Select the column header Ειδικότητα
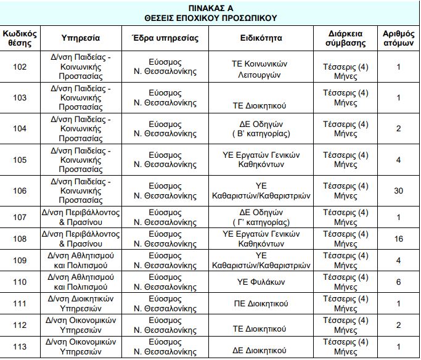click(261, 38)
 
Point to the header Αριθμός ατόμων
click(398, 38)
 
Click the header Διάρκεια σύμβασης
click(345, 38)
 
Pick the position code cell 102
click(20, 67)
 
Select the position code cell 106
click(20, 190)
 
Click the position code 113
click(20, 346)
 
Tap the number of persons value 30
click(398, 190)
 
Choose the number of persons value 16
click(398, 239)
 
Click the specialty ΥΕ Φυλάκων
click(261, 282)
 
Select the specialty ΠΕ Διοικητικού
click(261, 303)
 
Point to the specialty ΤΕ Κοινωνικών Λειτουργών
click(261, 67)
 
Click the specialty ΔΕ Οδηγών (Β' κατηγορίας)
click(261, 129)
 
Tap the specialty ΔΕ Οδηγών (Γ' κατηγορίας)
click(261, 217)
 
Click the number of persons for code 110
click(398, 282)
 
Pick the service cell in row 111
click(78, 303)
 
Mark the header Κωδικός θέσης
click(20, 38)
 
